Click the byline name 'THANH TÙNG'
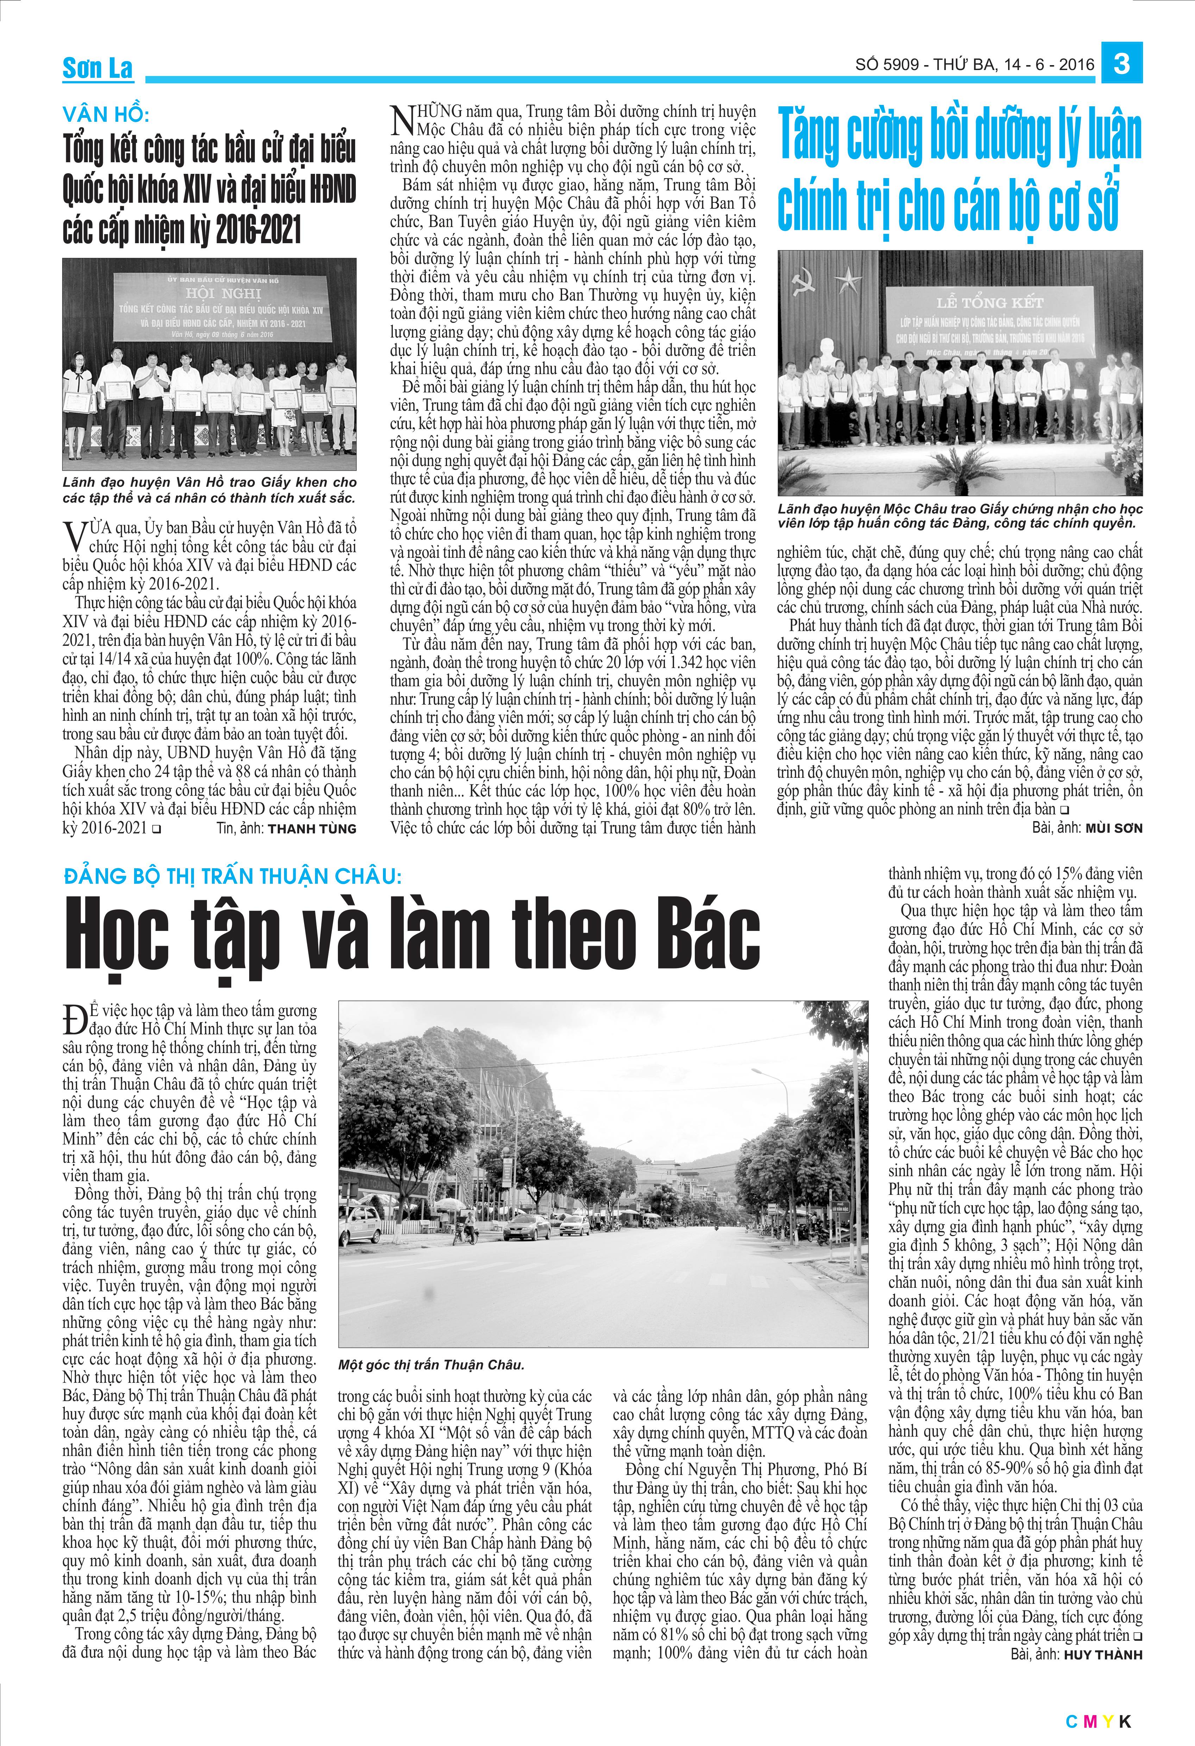(x=312, y=829)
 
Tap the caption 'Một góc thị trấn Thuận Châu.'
(x=430, y=1364)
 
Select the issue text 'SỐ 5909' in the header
(x=887, y=65)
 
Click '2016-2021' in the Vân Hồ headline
(x=258, y=229)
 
